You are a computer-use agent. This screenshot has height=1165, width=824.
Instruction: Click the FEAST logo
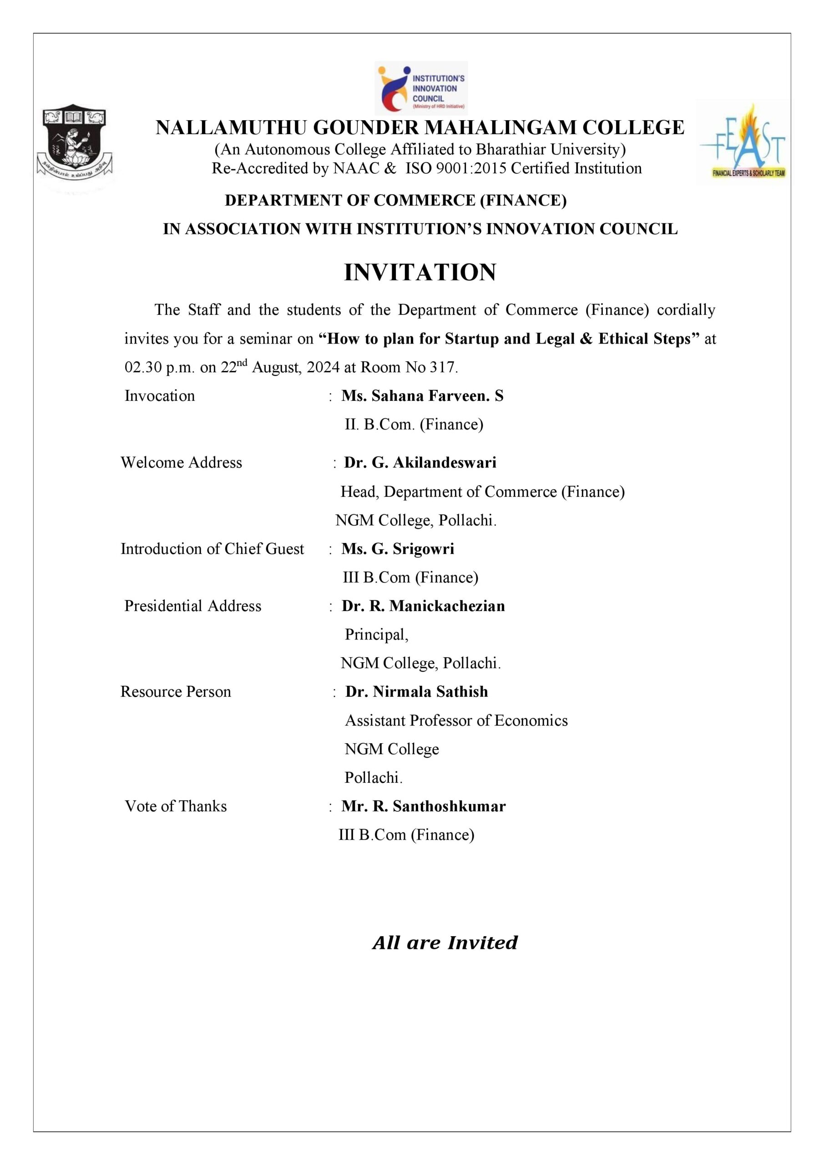pyautogui.click(x=743, y=142)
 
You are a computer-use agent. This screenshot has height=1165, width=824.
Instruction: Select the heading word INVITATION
pyautogui.click(x=420, y=273)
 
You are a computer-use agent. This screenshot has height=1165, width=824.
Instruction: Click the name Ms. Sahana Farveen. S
pyautogui.click(x=422, y=396)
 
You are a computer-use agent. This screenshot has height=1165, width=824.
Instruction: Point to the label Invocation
pyautogui.click(x=159, y=396)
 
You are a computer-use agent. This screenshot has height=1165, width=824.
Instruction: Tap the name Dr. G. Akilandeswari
pyautogui.click(x=420, y=462)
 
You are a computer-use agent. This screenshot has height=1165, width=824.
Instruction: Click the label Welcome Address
pyautogui.click(x=181, y=462)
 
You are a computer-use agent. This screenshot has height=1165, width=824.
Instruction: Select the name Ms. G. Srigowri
pyautogui.click(x=398, y=548)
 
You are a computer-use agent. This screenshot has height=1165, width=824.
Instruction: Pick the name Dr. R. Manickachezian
pyautogui.click(x=423, y=606)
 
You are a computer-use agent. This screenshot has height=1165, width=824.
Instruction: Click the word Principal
pyautogui.click(x=376, y=634)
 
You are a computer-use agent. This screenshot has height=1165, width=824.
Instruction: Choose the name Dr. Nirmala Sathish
pyautogui.click(x=417, y=692)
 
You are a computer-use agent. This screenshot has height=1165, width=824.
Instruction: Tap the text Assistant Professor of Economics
pyautogui.click(x=456, y=720)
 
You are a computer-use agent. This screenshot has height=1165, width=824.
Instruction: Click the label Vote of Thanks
pyautogui.click(x=176, y=806)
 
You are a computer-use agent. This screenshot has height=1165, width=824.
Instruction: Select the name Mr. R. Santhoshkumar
pyautogui.click(x=424, y=806)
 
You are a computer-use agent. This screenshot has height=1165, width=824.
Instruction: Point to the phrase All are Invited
pyautogui.click(x=445, y=943)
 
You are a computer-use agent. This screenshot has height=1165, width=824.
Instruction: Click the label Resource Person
pyautogui.click(x=176, y=692)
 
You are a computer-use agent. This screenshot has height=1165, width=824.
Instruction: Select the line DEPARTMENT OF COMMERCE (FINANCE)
pyautogui.click(x=396, y=200)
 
